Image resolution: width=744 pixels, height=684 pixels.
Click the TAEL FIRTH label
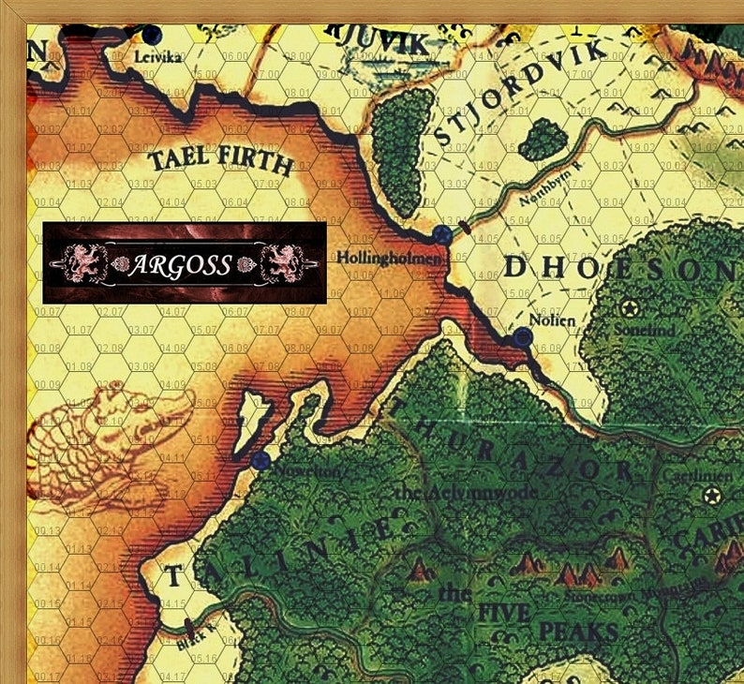point(221,163)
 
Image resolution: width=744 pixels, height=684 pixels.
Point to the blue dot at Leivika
point(152,35)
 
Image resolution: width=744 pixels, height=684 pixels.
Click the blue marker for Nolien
point(523,339)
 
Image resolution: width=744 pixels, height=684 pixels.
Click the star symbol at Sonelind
point(628,307)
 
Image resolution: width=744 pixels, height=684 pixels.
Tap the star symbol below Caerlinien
point(707,495)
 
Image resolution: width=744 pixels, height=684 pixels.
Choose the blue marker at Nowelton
point(260,460)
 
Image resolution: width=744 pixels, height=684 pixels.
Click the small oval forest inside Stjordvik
point(542,139)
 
